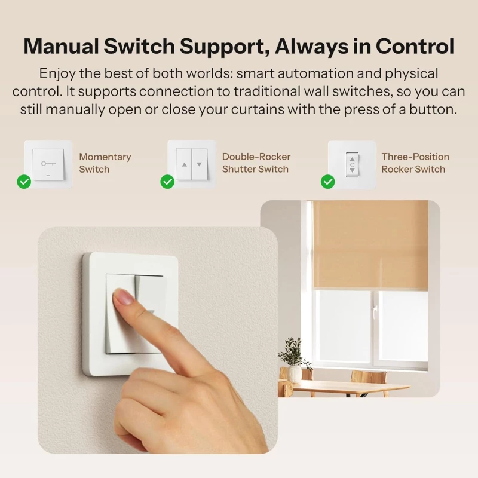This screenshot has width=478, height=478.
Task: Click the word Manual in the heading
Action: (x=61, y=47)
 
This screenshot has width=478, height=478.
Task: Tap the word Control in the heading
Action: (x=415, y=47)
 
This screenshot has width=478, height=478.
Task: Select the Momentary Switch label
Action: (x=105, y=163)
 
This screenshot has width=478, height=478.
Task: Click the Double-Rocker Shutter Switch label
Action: (x=256, y=163)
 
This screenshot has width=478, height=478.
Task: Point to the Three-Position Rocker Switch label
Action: (x=415, y=163)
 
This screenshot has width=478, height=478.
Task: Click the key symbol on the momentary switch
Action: (x=48, y=164)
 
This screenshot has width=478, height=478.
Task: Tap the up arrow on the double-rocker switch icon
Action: (x=184, y=165)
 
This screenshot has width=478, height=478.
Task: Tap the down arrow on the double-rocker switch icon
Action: (x=200, y=164)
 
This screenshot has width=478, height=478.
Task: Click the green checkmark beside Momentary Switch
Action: (x=24, y=182)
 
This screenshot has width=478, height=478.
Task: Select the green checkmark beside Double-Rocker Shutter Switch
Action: (x=167, y=182)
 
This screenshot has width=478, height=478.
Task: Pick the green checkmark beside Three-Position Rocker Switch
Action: (x=327, y=182)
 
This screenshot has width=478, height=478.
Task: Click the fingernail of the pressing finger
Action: (x=123, y=296)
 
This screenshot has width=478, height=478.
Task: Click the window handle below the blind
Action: (x=375, y=311)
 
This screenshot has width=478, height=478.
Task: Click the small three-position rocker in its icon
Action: (x=352, y=165)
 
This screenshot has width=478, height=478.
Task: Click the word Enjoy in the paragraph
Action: (x=57, y=74)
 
